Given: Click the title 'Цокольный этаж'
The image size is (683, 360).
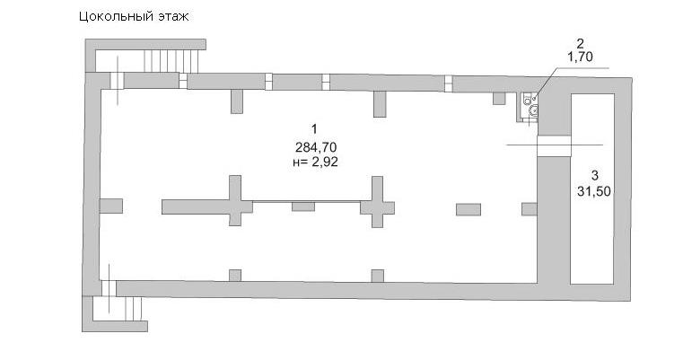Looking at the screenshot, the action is [x=134, y=17].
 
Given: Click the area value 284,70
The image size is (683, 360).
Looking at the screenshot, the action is [x=316, y=146].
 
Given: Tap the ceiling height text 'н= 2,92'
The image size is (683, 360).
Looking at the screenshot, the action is [x=315, y=162].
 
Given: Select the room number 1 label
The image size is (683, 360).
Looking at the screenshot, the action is [x=314, y=129].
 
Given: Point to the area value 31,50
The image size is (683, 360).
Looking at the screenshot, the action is [x=594, y=191].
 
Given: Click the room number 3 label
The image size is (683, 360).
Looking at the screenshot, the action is [x=594, y=176].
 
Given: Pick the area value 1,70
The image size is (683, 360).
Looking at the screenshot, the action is [x=580, y=57].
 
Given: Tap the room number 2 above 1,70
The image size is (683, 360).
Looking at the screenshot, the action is [x=580, y=43].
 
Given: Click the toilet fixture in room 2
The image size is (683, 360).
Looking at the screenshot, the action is [x=533, y=110].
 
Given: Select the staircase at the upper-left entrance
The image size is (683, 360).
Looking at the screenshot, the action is [x=171, y=61].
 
